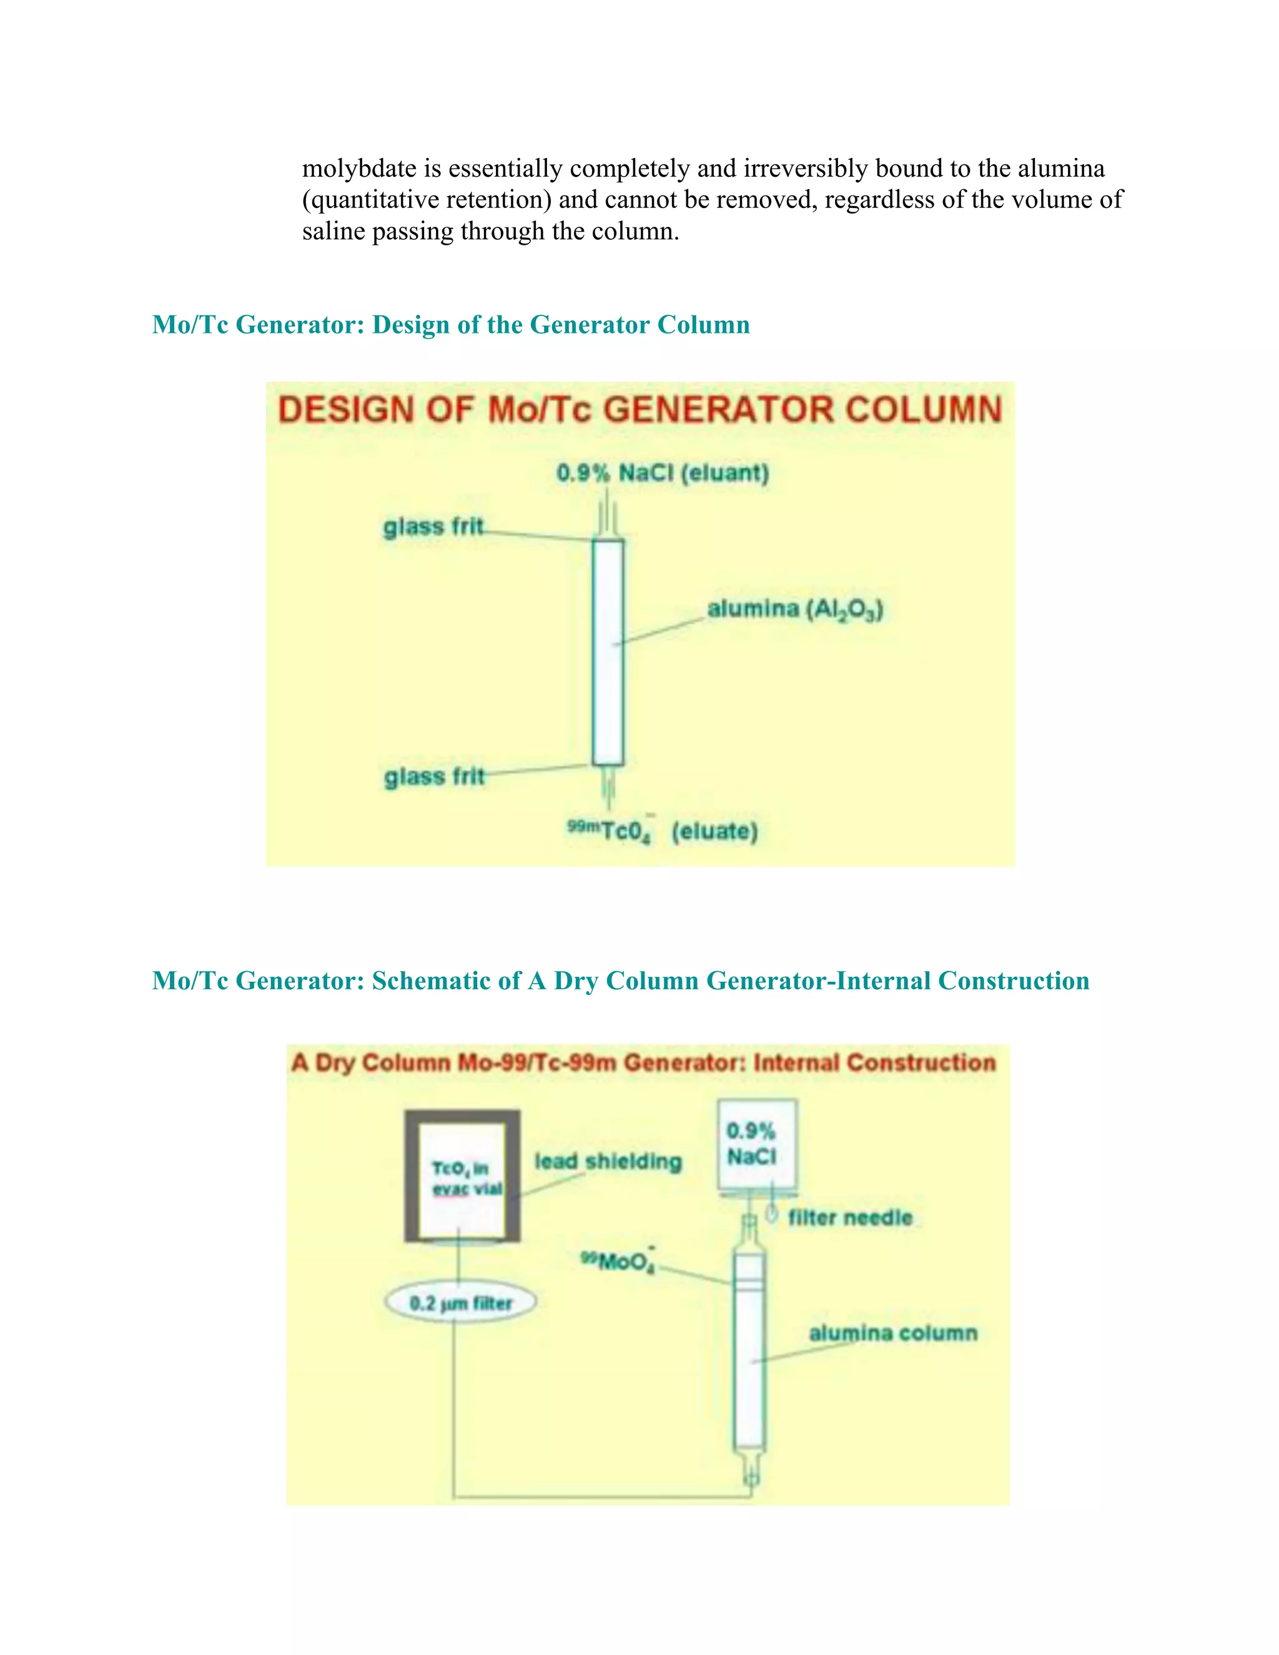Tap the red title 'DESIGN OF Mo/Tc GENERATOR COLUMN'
639,410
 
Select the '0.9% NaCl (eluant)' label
662,473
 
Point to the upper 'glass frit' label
433,526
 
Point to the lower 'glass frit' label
433,777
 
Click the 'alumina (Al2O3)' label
795,610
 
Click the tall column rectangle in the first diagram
608,651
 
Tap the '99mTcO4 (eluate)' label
662,831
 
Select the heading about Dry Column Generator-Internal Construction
620,981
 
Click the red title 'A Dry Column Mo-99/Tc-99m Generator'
643,1062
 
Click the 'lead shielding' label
608,1161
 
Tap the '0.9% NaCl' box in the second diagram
756,1144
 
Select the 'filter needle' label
850,1217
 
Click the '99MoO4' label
617,1261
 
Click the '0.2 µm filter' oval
461,1303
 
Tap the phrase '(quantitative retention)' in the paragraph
427,200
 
